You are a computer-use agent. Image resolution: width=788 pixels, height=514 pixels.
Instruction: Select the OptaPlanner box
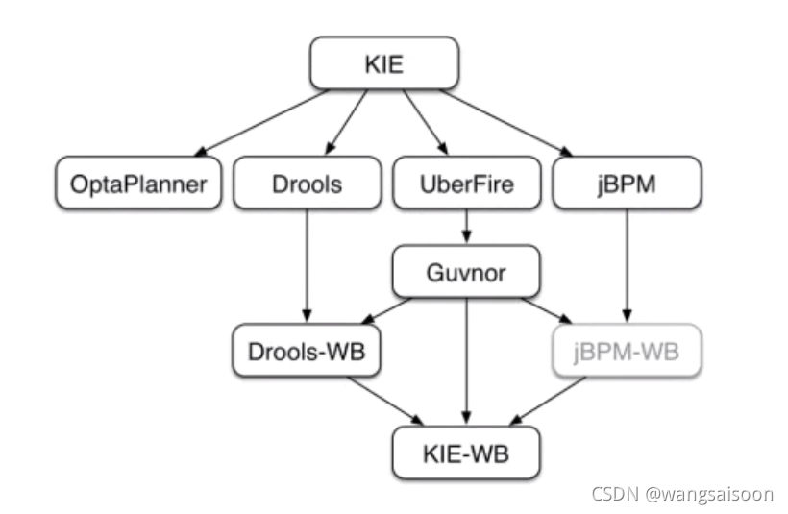138,184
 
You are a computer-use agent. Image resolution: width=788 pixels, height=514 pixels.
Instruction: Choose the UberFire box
467,184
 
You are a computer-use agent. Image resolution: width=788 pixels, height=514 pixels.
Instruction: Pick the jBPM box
628,184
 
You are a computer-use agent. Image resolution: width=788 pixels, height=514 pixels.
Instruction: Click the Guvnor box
465,273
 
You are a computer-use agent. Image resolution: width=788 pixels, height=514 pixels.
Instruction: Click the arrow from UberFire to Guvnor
467,228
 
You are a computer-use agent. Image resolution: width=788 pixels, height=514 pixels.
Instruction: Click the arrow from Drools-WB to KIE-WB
384,400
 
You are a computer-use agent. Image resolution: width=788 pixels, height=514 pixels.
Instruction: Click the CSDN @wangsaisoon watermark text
681,493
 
